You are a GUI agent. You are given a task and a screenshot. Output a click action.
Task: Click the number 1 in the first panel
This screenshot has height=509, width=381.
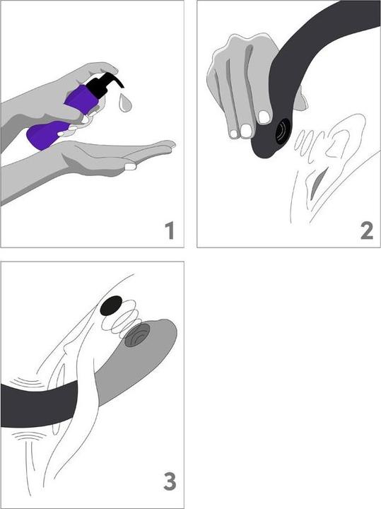[x=170, y=230]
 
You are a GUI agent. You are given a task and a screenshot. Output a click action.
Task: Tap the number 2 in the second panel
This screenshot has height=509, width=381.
[x=367, y=230]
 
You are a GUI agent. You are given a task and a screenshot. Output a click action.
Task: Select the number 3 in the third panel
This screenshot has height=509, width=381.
[x=170, y=481]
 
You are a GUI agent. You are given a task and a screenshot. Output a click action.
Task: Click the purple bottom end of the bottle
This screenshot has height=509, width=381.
[x=45, y=135]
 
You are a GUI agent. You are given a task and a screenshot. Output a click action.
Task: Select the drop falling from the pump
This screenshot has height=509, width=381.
[x=125, y=103]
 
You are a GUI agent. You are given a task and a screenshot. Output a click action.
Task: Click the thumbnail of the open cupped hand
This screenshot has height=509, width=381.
[x=130, y=167]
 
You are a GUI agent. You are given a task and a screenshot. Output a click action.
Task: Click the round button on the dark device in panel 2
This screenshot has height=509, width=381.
[x=283, y=131]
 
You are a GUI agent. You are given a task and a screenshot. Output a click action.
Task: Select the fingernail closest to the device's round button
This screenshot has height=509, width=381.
[x=264, y=117]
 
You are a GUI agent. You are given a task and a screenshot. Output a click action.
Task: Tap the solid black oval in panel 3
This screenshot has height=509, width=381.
[x=111, y=305]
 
